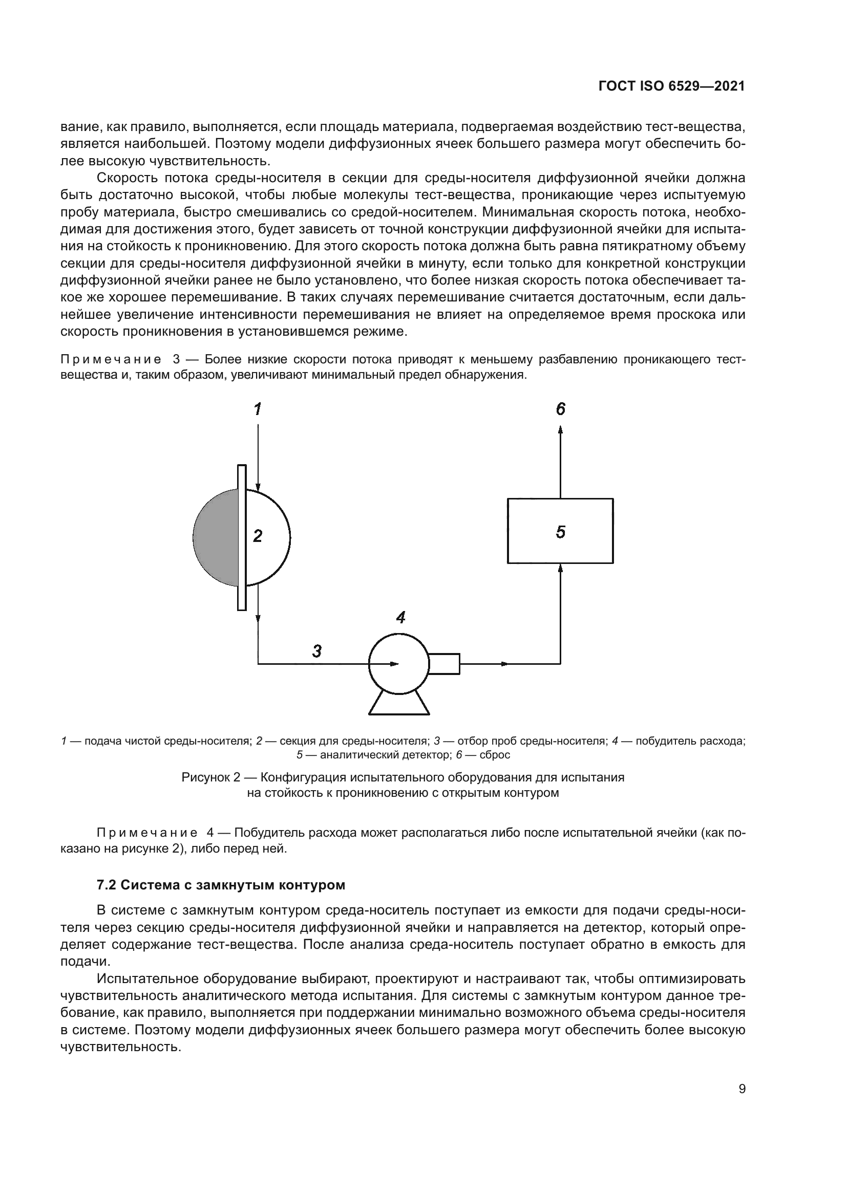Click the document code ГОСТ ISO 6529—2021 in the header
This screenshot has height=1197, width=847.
(x=671, y=86)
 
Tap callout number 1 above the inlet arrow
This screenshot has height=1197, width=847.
(x=258, y=409)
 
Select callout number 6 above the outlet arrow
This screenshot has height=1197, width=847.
(x=560, y=409)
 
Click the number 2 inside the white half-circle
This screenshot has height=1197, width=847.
(x=258, y=535)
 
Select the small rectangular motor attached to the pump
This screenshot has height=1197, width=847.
(x=444, y=664)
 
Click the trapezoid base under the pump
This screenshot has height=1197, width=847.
(x=399, y=705)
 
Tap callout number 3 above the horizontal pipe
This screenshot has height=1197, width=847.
(x=316, y=650)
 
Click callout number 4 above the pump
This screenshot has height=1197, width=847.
(x=400, y=618)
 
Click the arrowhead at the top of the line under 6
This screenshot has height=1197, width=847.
(x=560, y=429)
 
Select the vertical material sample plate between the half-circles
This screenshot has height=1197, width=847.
(x=242, y=537)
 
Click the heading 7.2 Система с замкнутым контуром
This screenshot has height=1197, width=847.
(x=221, y=885)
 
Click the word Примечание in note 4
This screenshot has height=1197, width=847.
(x=147, y=833)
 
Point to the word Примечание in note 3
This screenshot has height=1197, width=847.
(x=111, y=360)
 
